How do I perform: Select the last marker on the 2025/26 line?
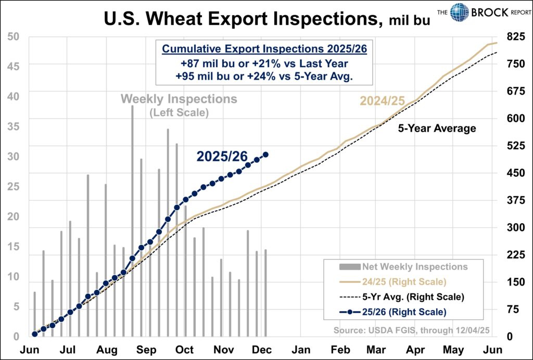pos(265,155)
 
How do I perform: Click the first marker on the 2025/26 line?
pos(35,334)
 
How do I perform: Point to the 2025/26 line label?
pos(228,156)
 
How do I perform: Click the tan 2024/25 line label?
pos(381,101)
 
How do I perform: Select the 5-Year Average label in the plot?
pos(437,128)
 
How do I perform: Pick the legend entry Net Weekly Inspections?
pos(414,267)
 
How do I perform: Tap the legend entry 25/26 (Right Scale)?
pos(404,312)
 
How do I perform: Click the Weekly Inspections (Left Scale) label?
pos(179,104)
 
